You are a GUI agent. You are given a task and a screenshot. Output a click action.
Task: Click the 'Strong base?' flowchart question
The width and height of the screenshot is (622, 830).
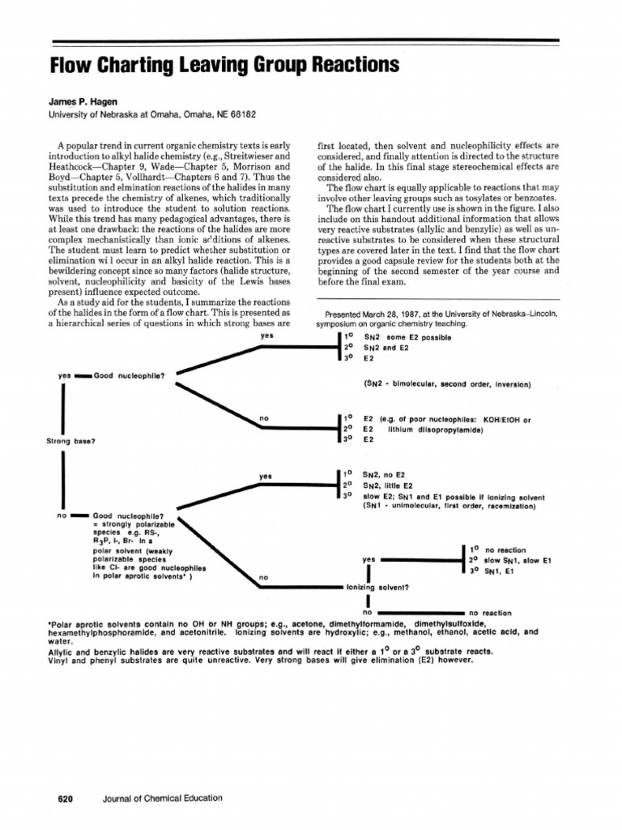(x=72, y=441)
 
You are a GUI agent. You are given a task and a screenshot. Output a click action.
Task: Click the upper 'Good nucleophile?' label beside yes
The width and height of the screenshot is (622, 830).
(x=130, y=375)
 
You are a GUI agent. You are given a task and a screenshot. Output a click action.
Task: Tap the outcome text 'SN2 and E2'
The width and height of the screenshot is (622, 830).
(x=386, y=348)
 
